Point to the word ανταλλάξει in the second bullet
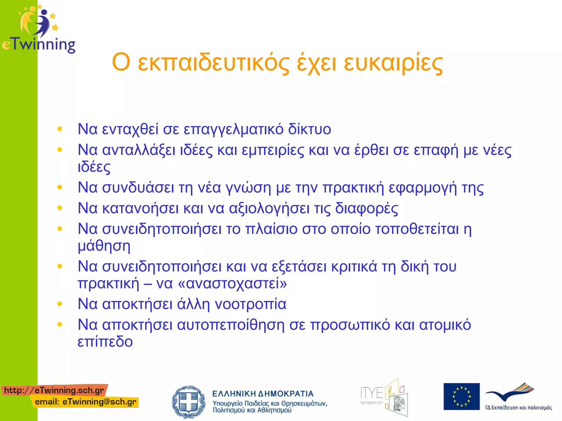click(x=139, y=150)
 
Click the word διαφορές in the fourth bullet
click(x=366, y=208)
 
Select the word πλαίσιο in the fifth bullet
click(x=271, y=229)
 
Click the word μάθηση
click(x=104, y=246)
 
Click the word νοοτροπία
click(x=250, y=304)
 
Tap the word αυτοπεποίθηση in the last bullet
click(x=231, y=325)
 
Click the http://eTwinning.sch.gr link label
click(x=54, y=390)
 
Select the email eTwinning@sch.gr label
click(x=86, y=402)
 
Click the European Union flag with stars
click(x=461, y=396)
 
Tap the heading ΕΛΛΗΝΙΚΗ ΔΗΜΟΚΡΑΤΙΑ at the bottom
click(x=263, y=394)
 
